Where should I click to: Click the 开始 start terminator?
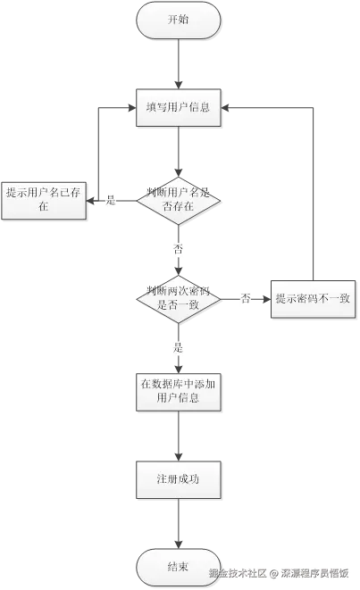(179, 20)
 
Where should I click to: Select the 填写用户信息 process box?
(179, 107)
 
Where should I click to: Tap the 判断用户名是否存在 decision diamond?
(179, 199)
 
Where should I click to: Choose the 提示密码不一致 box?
(312, 299)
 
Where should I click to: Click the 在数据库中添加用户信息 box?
(179, 391)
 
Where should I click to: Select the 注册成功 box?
(179, 479)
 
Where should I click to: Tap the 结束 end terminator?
(179, 567)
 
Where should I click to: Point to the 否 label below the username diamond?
(179, 250)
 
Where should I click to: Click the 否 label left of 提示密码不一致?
(246, 299)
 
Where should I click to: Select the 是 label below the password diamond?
(179, 346)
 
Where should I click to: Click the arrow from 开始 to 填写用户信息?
(179, 62)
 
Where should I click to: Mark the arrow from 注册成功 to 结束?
(179, 525)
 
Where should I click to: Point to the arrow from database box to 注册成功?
(179, 436)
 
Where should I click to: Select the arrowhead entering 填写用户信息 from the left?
(130, 107)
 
